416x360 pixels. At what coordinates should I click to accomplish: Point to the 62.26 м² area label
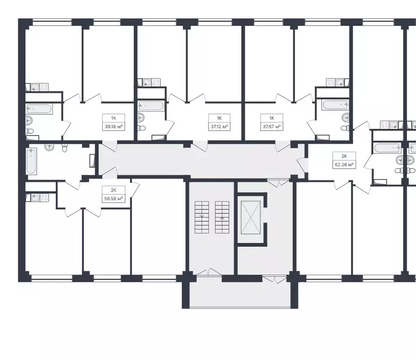tap(344, 164)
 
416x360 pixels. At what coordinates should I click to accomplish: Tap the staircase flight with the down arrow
tap(202, 217)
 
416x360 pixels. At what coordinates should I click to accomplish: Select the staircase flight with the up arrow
tap(222, 217)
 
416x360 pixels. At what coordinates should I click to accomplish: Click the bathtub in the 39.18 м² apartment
tap(39, 109)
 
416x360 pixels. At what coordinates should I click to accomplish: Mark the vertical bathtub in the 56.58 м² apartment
tap(31, 161)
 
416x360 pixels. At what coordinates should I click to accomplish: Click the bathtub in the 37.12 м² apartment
tap(151, 105)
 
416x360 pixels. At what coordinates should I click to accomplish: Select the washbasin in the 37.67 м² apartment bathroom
tap(345, 117)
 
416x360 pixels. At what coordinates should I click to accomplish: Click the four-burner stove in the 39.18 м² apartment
tap(44, 87)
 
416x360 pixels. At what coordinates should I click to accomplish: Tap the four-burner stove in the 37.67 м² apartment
tap(330, 82)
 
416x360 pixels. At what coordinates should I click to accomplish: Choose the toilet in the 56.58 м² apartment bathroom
tap(65, 149)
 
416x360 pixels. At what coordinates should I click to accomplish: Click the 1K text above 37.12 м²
tap(219, 118)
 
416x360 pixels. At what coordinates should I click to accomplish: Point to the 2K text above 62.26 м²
tap(344, 156)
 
